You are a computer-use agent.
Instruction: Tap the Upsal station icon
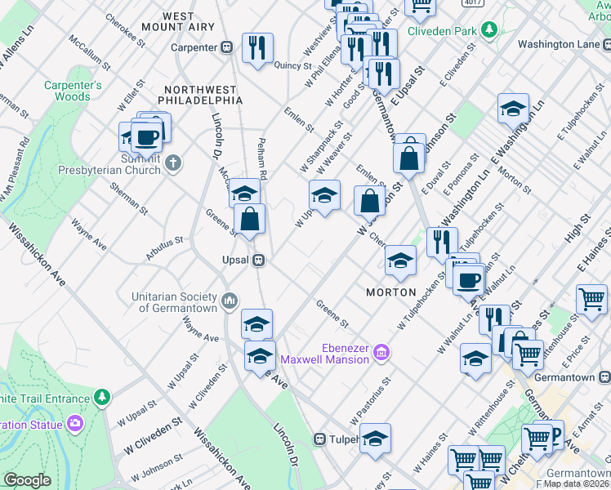[x=258, y=261]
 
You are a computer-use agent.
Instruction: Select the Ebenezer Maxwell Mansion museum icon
[x=381, y=353]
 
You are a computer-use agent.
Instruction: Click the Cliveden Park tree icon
[x=489, y=31]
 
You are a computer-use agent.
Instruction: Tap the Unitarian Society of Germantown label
[x=177, y=302]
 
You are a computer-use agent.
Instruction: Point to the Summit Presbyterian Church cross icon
[x=172, y=163]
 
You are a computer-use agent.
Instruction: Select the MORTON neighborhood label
[x=391, y=292]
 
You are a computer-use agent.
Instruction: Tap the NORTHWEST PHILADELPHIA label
[x=203, y=95]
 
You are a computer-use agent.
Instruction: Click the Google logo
[x=27, y=479]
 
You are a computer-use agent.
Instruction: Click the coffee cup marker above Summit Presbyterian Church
[x=147, y=137]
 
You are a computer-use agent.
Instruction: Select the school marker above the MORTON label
[x=400, y=260]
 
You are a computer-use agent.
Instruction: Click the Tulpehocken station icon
[x=321, y=439]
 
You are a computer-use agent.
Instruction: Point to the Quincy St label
[x=294, y=65]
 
